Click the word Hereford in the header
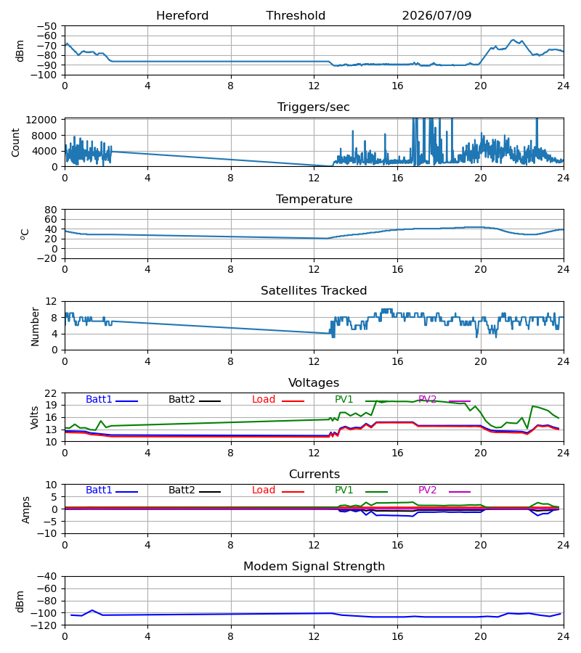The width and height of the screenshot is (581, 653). pyautogui.click(x=182, y=16)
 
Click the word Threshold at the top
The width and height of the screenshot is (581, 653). pyautogui.click(x=296, y=16)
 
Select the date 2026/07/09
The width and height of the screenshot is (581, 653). pyautogui.click(x=436, y=16)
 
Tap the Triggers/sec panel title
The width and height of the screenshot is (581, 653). pyautogui.click(x=314, y=107)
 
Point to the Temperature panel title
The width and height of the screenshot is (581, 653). pyautogui.click(x=314, y=199)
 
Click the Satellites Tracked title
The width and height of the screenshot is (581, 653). pyautogui.click(x=314, y=291)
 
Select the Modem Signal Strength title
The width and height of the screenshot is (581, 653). pyautogui.click(x=314, y=567)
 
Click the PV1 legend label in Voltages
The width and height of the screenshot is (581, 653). pyautogui.click(x=344, y=399)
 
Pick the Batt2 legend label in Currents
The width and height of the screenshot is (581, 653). pyautogui.click(x=182, y=490)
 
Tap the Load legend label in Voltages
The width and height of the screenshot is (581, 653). pyautogui.click(x=264, y=399)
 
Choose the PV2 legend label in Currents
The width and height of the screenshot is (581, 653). pyautogui.click(x=427, y=490)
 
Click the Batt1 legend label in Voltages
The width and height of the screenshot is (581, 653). pyautogui.click(x=99, y=399)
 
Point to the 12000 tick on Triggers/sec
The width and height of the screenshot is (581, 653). pyautogui.click(x=41, y=120)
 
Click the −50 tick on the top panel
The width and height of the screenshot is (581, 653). pyautogui.click(x=46, y=26)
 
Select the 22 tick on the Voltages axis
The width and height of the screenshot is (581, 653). pyautogui.click(x=50, y=393)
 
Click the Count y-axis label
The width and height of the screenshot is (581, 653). pyautogui.click(x=15, y=142)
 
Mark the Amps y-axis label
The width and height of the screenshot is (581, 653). pyautogui.click(x=26, y=510)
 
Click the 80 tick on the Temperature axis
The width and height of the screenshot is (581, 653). pyautogui.click(x=50, y=210)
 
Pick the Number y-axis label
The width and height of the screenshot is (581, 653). pyautogui.click(x=35, y=326)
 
